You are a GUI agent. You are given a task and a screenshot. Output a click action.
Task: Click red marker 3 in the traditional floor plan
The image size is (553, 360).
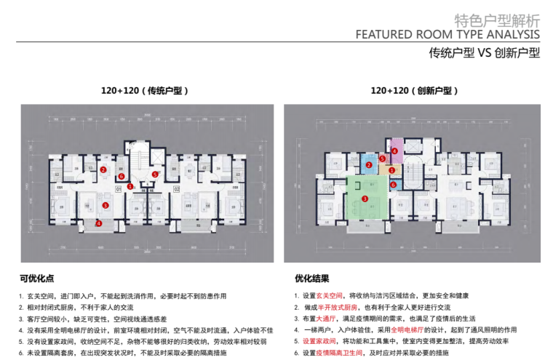(x=106, y=206)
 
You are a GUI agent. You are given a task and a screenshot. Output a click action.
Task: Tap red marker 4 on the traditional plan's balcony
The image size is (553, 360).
(x=98, y=223)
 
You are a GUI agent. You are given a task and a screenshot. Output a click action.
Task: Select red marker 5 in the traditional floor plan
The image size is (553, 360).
(x=155, y=175)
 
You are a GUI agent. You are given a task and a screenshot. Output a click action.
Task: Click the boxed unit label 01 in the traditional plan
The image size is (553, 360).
(x=117, y=189)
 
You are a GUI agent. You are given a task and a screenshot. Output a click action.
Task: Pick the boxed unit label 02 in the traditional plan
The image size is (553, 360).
(x=176, y=189)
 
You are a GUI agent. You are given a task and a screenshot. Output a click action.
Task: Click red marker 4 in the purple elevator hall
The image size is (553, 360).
(x=394, y=151)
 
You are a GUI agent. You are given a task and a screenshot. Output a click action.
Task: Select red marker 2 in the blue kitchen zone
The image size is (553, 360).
(x=369, y=165)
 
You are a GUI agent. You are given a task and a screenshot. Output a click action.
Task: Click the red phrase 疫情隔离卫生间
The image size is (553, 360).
(x=338, y=352)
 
